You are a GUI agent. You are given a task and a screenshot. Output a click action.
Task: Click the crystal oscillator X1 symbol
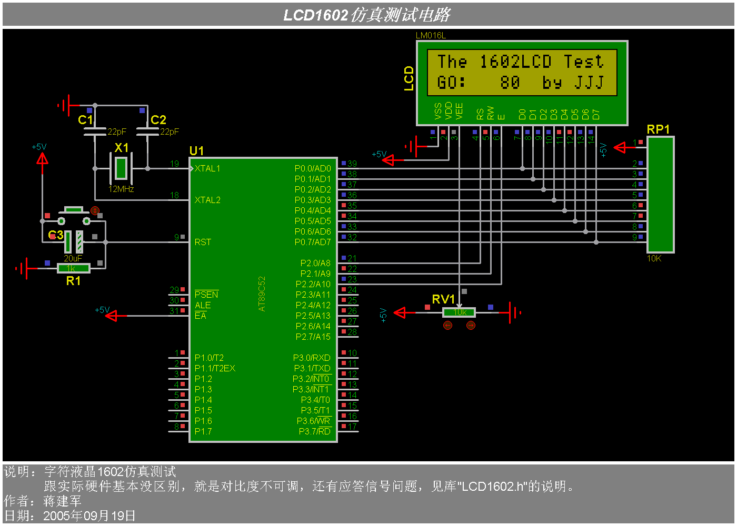pyautogui.click(x=121, y=168)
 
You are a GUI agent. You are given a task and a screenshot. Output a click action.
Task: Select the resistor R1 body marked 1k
pyautogui.click(x=73, y=268)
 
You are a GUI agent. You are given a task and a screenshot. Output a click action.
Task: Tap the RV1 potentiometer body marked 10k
pyautogui.click(x=459, y=312)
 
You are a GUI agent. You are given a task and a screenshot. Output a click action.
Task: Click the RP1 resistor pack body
pyautogui.click(x=660, y=195)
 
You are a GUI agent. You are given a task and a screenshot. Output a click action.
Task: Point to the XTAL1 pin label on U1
pyautogui.click(x=207, y=168)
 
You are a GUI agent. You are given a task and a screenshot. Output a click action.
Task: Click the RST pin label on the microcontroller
pyautogui.click(x=202, y=242)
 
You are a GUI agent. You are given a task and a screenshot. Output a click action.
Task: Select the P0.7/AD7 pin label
pyautogui.click(x=312, y=242)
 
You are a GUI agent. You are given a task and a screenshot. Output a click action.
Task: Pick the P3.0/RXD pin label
pyautogui.click(x=312, y=358)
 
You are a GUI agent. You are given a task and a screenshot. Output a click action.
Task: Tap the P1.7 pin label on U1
pyautogui.click(x=203, y=431)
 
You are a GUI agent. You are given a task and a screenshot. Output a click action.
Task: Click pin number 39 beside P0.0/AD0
pyautogui.click(x=352, y=164)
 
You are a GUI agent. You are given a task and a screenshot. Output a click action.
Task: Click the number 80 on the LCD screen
pyautogui.click(x=510, y=82)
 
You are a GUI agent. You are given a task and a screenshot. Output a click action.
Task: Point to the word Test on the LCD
pyautogui.click(x=583, y=62)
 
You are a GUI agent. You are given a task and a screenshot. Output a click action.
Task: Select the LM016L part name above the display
pyautogui.click(x=431, y=36)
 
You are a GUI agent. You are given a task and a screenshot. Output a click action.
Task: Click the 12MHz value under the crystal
pyautogui.click(x=121, y=189)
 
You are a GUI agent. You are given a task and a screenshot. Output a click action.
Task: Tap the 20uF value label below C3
pyautogui.click(x=73, y=258)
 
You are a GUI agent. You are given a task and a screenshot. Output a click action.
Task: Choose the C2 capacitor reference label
pyautogui.click(x=158, y=120)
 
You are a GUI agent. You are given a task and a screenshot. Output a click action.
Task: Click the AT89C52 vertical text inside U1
pyautogui.click(x=262, y=294)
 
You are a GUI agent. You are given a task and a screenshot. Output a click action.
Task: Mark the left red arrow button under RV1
pyautogui.click(x=447, y=325)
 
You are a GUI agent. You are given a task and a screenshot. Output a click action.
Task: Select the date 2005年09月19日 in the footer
pyautogui.click(x=89, y=515)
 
